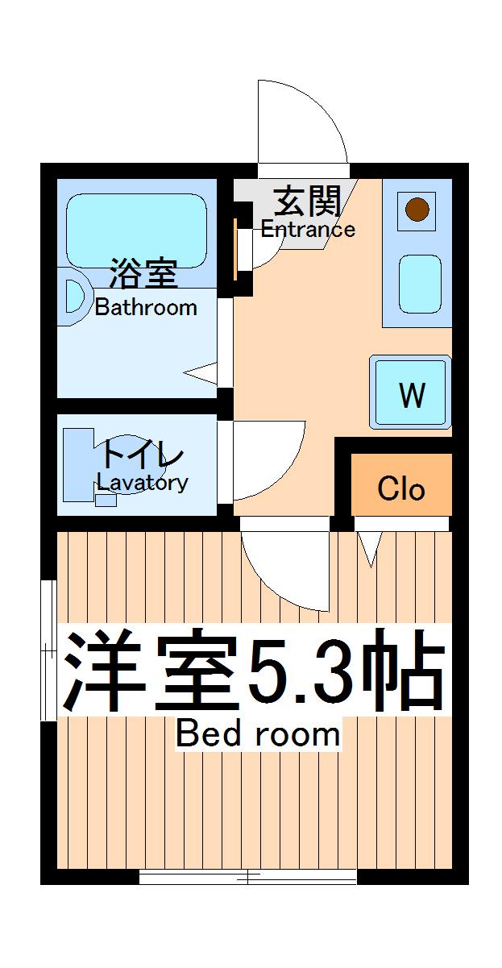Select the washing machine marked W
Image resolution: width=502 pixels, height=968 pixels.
pos(411,393)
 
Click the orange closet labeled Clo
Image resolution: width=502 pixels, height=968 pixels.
pos(401,488)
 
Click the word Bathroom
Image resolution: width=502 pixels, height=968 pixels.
pos(146,307)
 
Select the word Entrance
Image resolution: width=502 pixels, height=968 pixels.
pos(308,229)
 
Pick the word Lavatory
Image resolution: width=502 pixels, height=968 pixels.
pos(143,483)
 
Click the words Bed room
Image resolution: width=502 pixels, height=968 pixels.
pos(257,734)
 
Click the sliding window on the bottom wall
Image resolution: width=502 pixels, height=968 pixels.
pos(248,876)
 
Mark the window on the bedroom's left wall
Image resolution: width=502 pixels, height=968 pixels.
pos(48,649)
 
